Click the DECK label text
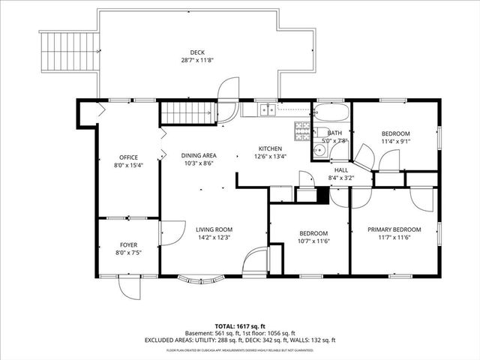click(197, 52)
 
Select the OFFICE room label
click(128, 157)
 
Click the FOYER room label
click(128, 245)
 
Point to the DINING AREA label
click(199, 155)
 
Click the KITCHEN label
click(270, 148)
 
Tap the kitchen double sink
click(266, 110)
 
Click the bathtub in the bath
click(331, 115)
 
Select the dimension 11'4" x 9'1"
click(395, 141)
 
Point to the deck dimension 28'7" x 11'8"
click(197, 60)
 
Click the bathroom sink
click(319, 149)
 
